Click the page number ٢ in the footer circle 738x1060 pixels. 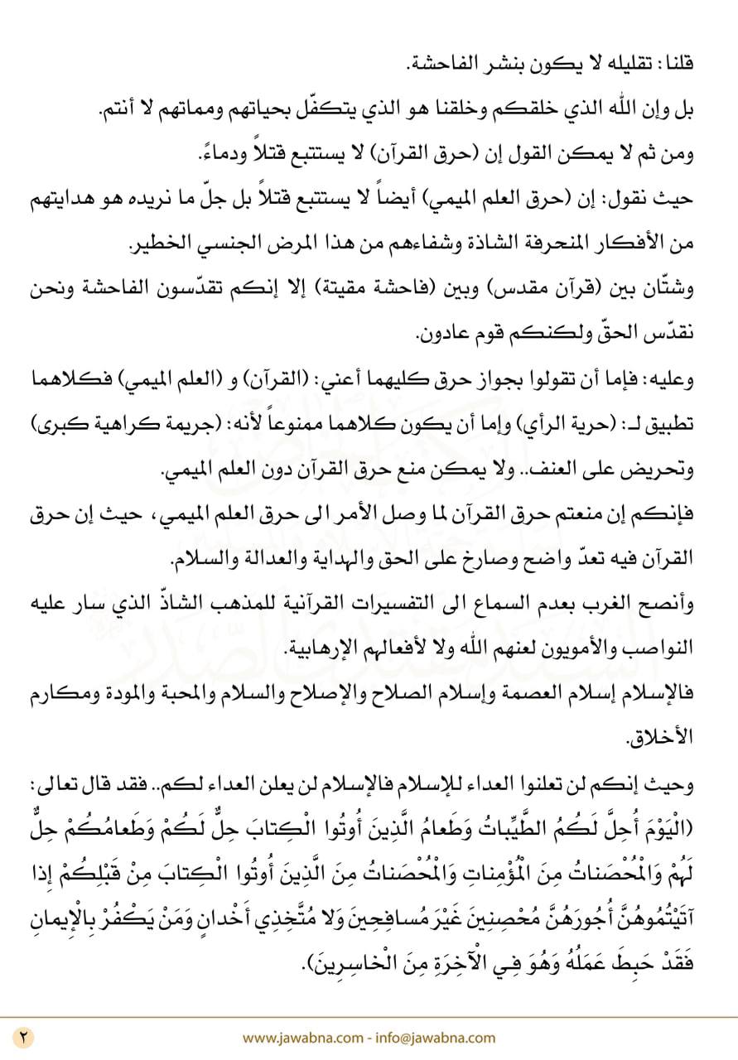tap(24, 1037)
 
